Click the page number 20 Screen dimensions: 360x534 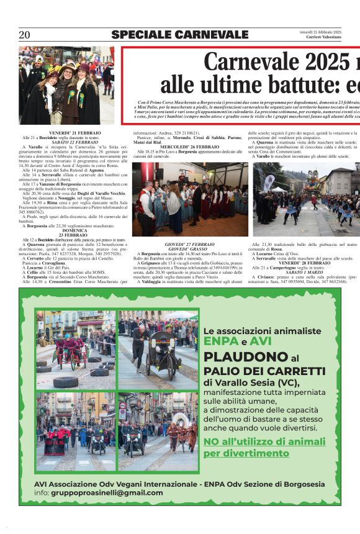click(25, 35)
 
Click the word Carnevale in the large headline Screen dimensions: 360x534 click(252, 63)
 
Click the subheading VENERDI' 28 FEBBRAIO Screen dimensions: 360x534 click(304, 263)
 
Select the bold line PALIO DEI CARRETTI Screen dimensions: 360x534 click(264, 371)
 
